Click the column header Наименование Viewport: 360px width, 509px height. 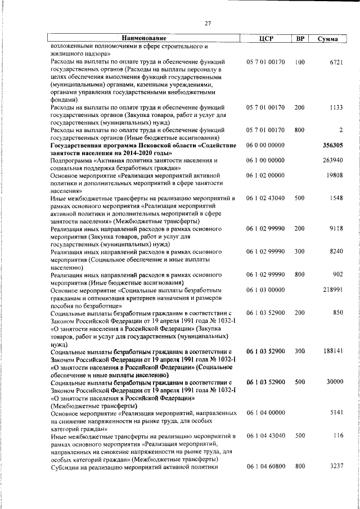pyautogui.click(x=141, y=39)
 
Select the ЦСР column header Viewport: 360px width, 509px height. pyautogui.click(x=265, y=39)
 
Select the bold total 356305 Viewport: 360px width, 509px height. pyautogui.click(x=332, y=145)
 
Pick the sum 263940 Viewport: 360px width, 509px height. pyautogui.click(x=332, y=160)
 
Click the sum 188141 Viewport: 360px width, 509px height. pyautogui.click(x=332, y=350)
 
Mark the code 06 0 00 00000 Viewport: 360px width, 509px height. pyautogui.click(x=265, y=145)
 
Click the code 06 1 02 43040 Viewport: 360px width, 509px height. pyautogui.click(x=265, y=199)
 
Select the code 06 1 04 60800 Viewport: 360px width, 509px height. pyautogui.click(x=265, y=466)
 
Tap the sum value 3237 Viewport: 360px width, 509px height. pyautogui.click(x=336, y=466)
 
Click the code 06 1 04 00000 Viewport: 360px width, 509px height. pyautogui.click(x=265, y=412)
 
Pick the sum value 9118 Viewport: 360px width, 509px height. pyautogui.click(x=336, y=229)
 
